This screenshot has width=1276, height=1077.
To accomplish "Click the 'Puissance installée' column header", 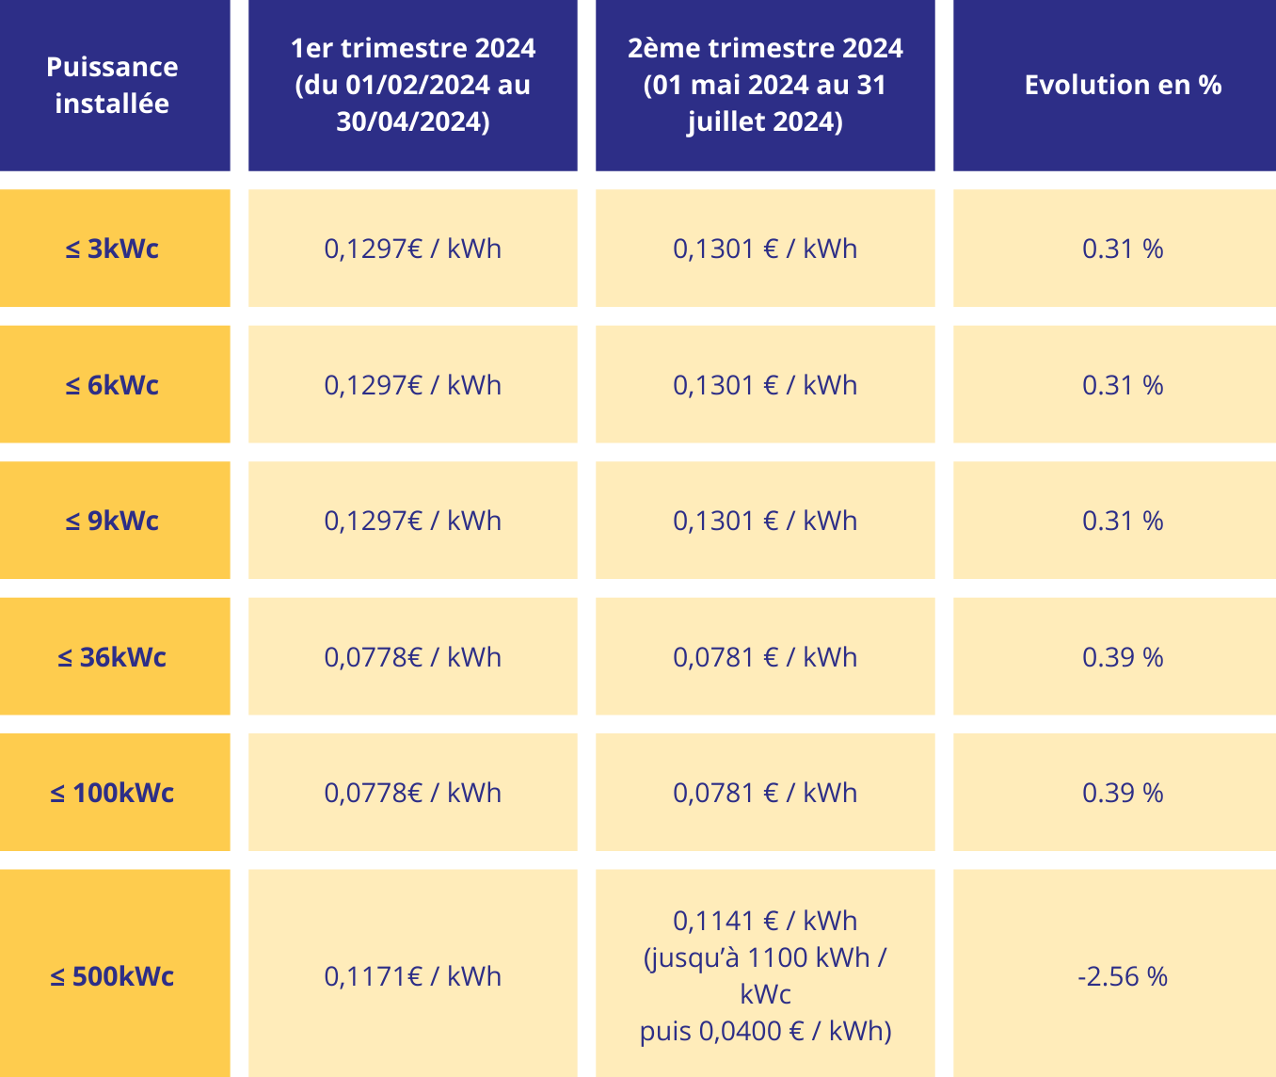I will click(x=112, y=85).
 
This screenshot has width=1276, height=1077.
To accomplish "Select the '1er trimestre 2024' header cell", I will click(x=412, y=85).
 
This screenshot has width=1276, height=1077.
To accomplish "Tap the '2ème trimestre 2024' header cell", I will click(x=765, y=85).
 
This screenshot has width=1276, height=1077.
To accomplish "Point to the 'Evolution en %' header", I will click(x=1123, y=85).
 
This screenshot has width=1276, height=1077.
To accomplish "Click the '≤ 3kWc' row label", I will click(x=112, y=249).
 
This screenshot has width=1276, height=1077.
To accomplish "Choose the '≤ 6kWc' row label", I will click(x=112, y=385).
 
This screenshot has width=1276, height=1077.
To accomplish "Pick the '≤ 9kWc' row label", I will click(x=112, y=521).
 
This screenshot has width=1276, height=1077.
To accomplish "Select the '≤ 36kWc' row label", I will click(x=112, y=657).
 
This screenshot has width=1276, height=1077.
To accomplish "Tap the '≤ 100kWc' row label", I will click(x=112, y=793).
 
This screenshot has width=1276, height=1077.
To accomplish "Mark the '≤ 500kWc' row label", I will click(x=112, y=976).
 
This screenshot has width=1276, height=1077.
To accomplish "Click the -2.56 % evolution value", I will click(x=1123, y=976).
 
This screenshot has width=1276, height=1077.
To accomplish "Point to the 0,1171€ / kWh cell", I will click(x=412, y=976).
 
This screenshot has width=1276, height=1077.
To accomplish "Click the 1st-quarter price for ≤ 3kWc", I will click(x=412, y=249).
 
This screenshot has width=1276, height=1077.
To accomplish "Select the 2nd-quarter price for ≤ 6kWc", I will click(x=765, y=385).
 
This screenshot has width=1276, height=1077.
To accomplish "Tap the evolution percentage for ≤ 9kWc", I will click(x=1123, y=521).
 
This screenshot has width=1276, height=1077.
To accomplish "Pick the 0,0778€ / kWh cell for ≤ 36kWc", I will click(x=412, y=657).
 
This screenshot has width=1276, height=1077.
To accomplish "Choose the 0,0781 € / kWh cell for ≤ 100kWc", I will click(x=765, y=793).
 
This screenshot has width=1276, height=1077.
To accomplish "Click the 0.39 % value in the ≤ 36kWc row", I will click(x=1123, y=657).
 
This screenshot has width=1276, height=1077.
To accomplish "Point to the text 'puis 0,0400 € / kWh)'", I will click(x=765, y=1031).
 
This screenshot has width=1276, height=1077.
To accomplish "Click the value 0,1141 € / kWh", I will click(x=765, y=921).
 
